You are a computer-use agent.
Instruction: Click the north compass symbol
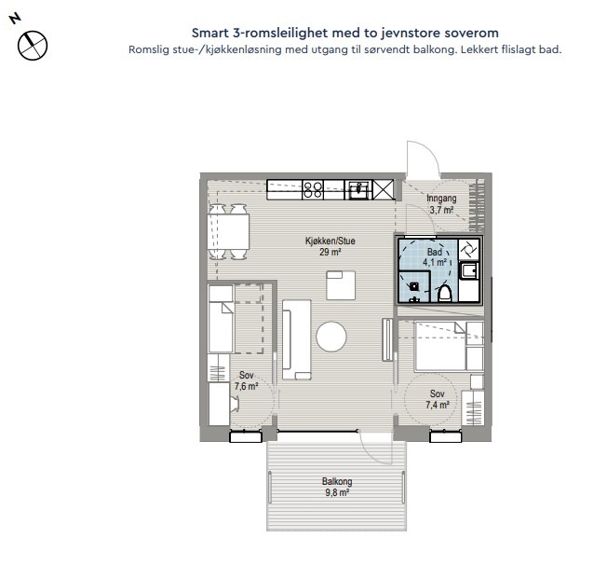(x=33, y=46)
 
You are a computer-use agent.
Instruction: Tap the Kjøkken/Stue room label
(x=330, y=241)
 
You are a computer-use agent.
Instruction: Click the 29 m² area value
(x=330, y=252)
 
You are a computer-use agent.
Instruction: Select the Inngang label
(x=441, y=199)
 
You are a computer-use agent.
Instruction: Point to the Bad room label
(x=435, y=252)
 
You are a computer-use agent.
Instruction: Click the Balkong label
(x=337, y=482)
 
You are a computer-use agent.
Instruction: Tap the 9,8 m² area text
(x=337, y=493)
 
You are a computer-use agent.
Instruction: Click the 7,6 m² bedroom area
(x=246, y=386)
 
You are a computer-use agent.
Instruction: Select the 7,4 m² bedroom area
(x=438, y=405)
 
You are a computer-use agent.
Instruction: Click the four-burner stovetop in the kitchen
(x=313, y=189)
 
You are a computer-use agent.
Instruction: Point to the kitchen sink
(x=359, y=189)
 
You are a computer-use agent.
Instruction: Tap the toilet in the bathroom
(x=444, y=293)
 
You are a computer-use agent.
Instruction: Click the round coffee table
(x=331, y=337)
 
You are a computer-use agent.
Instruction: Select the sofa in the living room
(x=297, y=339)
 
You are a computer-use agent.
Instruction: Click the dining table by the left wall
(x=228, y=231)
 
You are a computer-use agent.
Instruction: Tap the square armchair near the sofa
(x=341, y=285)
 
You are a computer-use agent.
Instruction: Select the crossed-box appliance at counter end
(x=383, y=189)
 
